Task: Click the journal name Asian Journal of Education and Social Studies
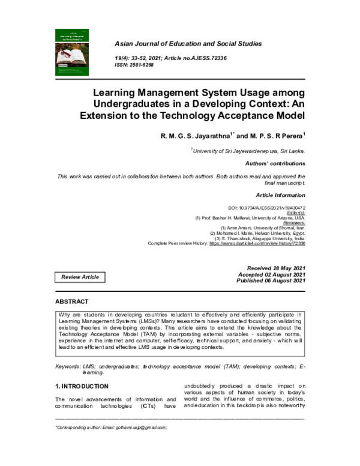pyautogui.click(x=180, y=44)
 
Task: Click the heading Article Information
pyautogui.click(x=280, y=195)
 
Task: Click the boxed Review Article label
pyautogui.click(x=80, y=277)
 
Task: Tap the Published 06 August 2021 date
pyautogui.click(x=271, y=280)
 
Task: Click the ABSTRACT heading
pyautogui.click(x=72, y=301)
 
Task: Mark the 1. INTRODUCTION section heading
pyautogui.click(x=82, y=386)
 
